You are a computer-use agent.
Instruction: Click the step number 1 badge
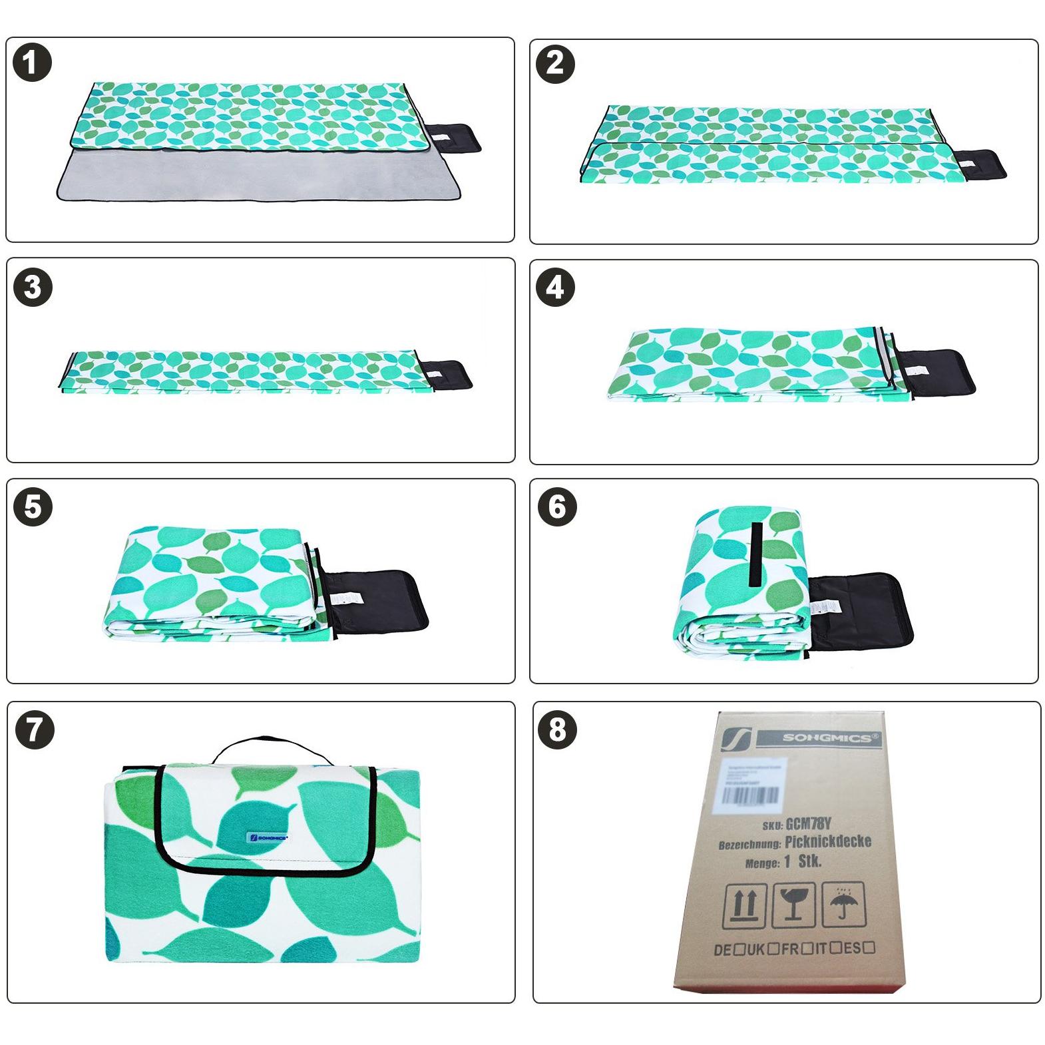[x=32, y=65]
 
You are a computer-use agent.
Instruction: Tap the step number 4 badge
[x=555, y=288]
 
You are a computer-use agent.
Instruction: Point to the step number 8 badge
[x=556, y=730]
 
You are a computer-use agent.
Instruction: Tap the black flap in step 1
[x=454, y=138]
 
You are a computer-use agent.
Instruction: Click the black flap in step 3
[x=447, y=375]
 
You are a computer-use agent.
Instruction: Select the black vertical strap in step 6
[x=755, y=554]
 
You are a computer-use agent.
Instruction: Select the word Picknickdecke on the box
[x=827, y=842]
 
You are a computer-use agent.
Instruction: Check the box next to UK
[x=773, y=949]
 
